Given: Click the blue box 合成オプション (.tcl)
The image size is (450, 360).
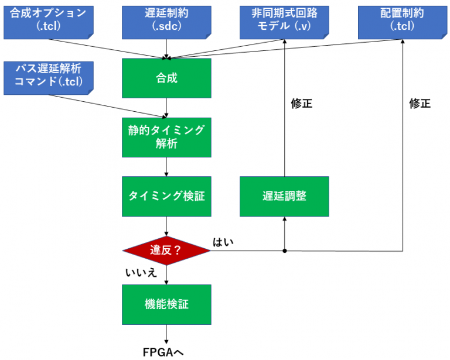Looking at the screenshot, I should click(x=47, y=20).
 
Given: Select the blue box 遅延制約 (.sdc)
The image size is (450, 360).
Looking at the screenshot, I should click(x=166, y=20).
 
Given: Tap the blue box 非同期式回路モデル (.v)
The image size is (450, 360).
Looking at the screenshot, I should click(x=284, y=20).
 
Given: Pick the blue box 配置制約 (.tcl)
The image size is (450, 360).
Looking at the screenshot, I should click(x=403, y=20).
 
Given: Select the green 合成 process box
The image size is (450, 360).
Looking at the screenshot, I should click(x=166, y=78).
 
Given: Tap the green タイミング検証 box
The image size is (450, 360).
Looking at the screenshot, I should click(x=166, y=196).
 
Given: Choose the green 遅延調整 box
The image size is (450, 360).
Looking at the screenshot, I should click(x=284, y=196).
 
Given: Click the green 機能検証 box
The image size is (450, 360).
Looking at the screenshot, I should click(x=166, y=304).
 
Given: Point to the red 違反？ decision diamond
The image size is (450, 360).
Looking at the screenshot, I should click(x=166, y=251).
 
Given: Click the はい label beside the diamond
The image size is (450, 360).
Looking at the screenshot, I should click(x=223, y=242).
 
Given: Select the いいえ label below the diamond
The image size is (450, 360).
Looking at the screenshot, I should click(x=141, y=272).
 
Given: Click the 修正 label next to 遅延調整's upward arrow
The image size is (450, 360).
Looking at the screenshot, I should click(x=302, y=104).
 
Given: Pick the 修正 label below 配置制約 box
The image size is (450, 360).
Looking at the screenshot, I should click(x=420, y=104).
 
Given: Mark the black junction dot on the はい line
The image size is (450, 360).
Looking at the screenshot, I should click(x=285, y=251).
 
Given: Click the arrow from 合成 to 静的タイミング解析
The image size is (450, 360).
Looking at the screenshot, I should click(x=167, y=108).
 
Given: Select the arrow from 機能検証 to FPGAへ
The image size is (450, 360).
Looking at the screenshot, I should click(x=167, y=334).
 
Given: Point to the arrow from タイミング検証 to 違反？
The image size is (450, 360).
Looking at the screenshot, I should click(x=167, y=225).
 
